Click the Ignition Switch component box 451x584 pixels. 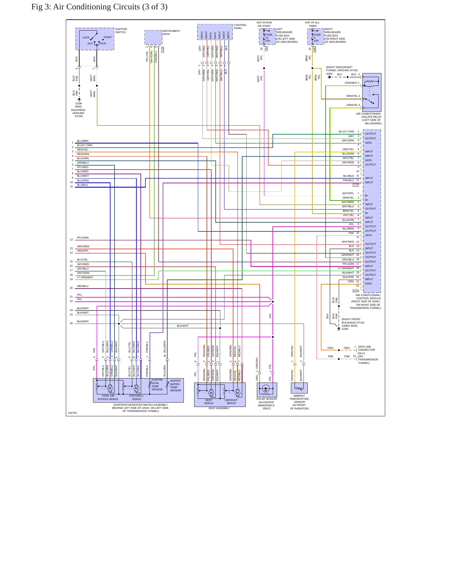[95, 39]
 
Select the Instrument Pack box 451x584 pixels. [153, 37]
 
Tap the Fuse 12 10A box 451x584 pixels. [267, 37]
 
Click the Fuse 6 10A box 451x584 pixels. [316, 37]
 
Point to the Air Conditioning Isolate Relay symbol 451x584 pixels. [372, 92]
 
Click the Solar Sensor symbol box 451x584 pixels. [267, 390]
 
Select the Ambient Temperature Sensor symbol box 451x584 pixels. [299, 388]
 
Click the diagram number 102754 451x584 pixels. [72, 413]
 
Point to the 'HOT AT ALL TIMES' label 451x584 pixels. [312, 24]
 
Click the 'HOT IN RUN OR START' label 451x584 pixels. [264, 24]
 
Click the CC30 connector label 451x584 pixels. [355, 184]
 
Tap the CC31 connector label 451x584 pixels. [355, 290]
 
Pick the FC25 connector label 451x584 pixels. [162, 49]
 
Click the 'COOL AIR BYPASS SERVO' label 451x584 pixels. [108, 397]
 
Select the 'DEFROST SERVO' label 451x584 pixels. [231, 402]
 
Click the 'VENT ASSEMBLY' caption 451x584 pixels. [219, 408]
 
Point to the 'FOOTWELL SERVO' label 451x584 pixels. [137, 397]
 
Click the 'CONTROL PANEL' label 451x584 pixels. [240, 27]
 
